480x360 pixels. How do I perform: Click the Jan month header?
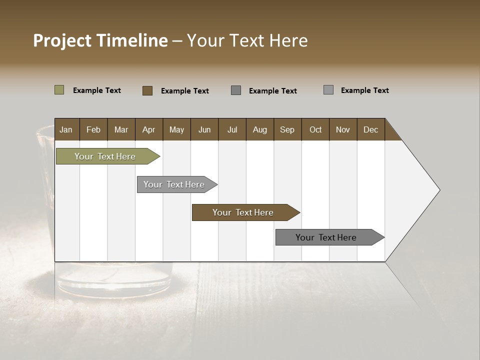tap(66, 129)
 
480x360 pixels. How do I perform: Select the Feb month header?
tap(93, 129)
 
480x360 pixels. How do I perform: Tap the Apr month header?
tap(149, 129)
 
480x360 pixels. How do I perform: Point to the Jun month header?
tap(204, 129)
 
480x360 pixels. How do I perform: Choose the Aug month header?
tap(260, 129)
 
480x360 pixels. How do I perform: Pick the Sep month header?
tap(287, 129)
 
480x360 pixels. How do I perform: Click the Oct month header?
tap(315, 129)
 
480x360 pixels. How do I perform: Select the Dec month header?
tap(371, 129)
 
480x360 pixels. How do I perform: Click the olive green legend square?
tap(59, 90)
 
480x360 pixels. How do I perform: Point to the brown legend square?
tap(147, 90)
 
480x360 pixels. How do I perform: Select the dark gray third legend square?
tap(236, 90)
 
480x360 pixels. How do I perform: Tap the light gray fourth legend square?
tap(328, 90)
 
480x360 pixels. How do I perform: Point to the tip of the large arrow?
tap(438, 189)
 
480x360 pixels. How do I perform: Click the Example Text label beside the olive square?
tap(97, 90)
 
